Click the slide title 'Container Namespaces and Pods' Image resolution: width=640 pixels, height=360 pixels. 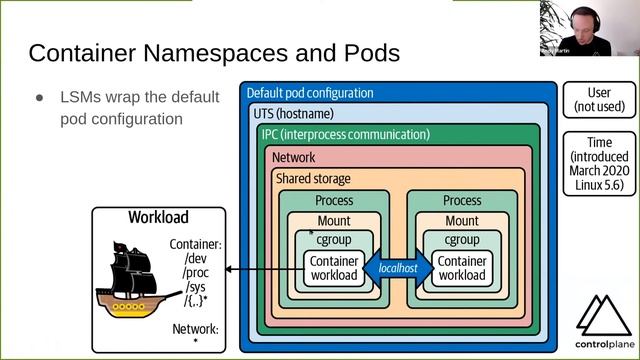coord(214,52)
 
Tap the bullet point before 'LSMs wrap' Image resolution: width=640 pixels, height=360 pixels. coord(40,98)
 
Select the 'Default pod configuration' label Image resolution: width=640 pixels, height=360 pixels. coord(309,93)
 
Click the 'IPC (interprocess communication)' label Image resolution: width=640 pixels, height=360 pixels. coord(344,134)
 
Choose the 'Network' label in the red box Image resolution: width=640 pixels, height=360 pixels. coord(293,157)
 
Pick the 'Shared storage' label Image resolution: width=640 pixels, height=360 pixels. coord(312,178)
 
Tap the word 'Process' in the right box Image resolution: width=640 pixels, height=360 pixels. coord(461,201)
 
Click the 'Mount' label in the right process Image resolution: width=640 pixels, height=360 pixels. coord(461,221)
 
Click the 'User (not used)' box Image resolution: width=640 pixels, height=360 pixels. coord(598,100)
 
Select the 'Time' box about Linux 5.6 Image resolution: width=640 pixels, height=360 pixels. coord(598,164)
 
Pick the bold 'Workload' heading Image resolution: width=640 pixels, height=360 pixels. coord(157,217)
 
